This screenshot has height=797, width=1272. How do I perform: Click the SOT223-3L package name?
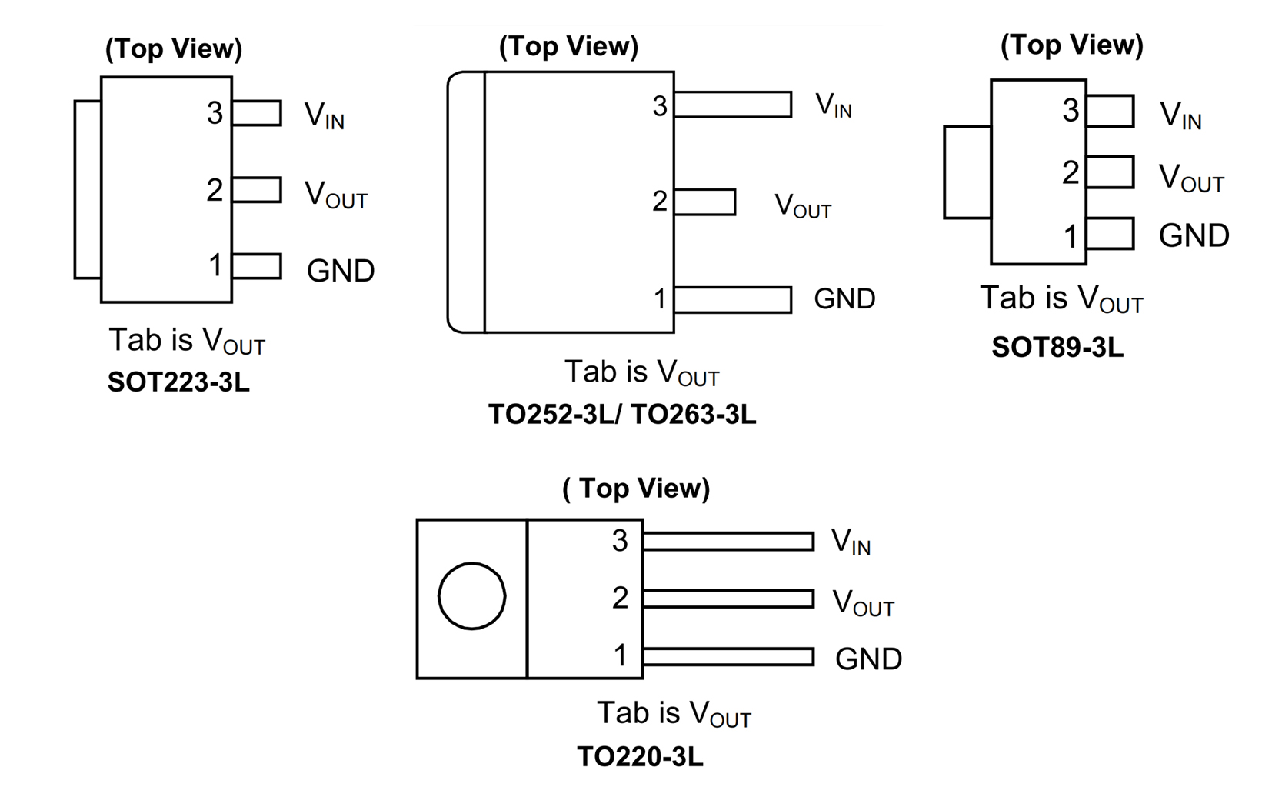[x=178, y=382]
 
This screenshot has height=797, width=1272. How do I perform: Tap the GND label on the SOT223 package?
[x=340, y=271]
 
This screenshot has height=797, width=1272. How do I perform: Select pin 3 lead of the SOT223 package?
[x=257, y=113]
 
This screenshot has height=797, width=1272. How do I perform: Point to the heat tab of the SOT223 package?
[x=88, y=189]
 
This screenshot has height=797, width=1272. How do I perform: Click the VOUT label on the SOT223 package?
[x=335, y=194]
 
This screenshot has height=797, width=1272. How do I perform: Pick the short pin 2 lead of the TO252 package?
[x=704, y=202]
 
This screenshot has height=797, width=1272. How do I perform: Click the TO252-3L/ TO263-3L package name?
[x=622, y=415]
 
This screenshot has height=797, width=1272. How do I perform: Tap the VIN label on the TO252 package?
[x=833, y=105]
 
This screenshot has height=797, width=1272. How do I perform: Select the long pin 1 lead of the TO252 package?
[x=733, y=300]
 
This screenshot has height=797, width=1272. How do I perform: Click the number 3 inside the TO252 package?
[x=659, y=106]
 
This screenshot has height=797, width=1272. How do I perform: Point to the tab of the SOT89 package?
[x=967, y=172]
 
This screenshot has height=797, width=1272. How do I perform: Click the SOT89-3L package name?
[x=1057, y=348]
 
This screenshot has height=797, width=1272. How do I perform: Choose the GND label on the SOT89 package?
[x=1194, y=235]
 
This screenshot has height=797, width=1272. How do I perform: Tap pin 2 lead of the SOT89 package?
[x=1111, y=172]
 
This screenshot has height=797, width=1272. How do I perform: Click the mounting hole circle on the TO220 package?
[x=471, y=596]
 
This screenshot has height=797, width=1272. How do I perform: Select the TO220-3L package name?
[x=640, y=757]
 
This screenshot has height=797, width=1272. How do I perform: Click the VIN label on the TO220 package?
[x=851, y=542]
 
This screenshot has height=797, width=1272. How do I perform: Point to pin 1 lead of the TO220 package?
[x=728, y=657]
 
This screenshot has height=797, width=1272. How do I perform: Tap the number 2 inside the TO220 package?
[x=620, y=598]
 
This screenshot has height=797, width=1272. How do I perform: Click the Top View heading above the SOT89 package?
[x=1071, y=45]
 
